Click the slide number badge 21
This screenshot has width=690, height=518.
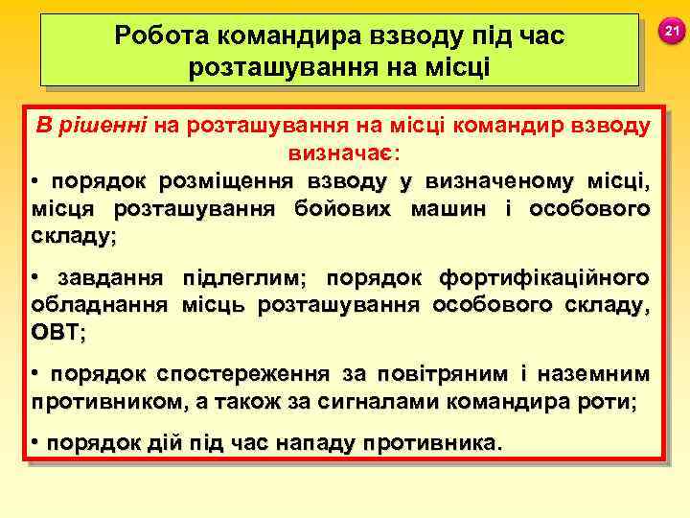click(x=672, y=34)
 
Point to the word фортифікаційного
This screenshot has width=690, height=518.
click(x=543, y=278)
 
